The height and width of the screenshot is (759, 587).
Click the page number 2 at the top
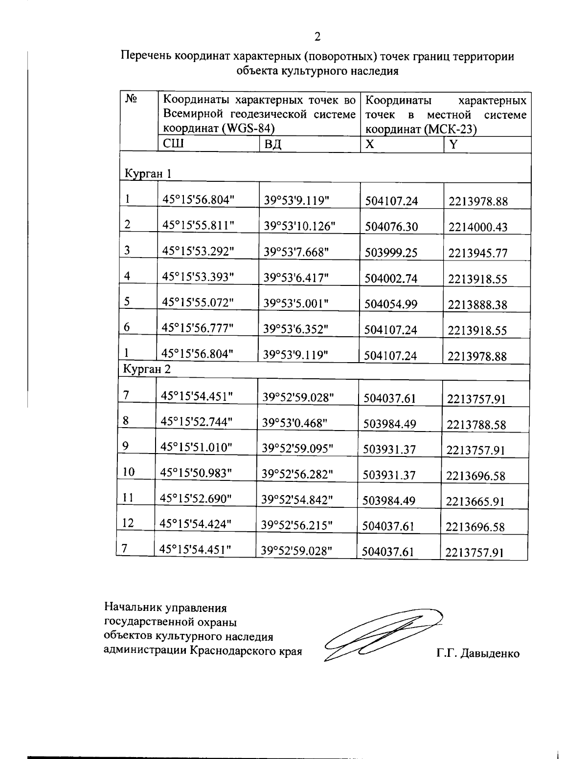coord(317,36)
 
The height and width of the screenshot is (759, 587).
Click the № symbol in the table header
coord(131,99)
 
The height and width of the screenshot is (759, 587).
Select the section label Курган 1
coord(148,173)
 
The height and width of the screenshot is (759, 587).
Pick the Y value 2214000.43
coord(478,227)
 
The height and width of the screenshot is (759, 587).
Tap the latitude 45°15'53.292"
coord(199,251)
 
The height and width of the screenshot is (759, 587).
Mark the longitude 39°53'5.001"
coord(295,303)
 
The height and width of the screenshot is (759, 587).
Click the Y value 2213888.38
coord(478,305)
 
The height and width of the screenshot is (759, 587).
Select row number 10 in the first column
coord(128,472)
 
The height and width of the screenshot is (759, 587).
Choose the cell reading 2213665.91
coord(475,501)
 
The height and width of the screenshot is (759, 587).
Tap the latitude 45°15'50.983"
coord(196,473)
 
